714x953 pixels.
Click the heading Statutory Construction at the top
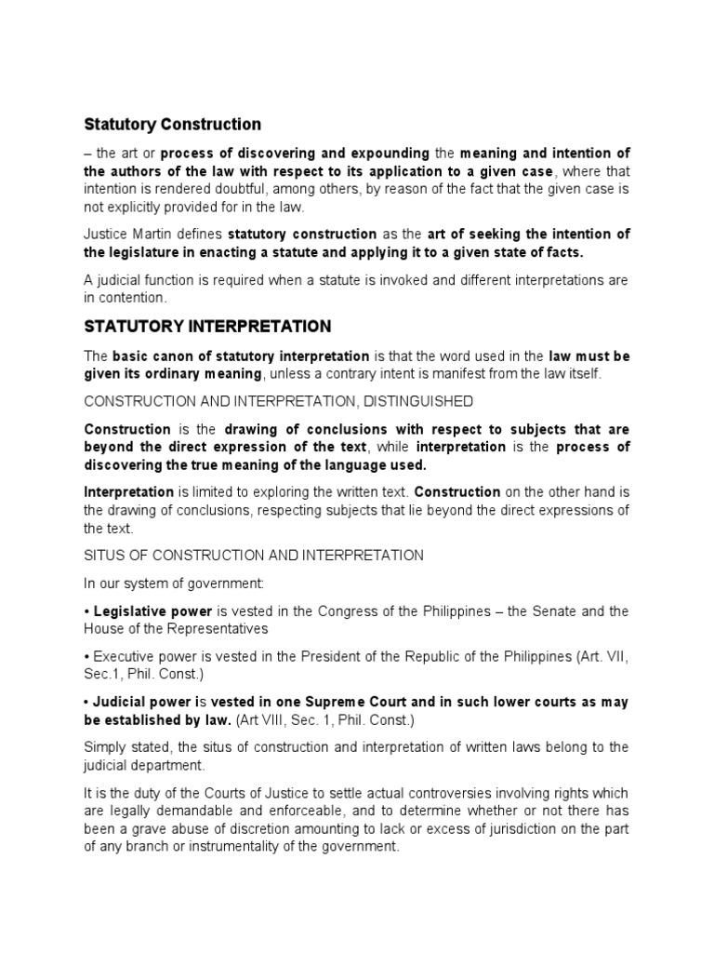173,124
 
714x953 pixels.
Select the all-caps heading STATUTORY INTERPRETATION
207,327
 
